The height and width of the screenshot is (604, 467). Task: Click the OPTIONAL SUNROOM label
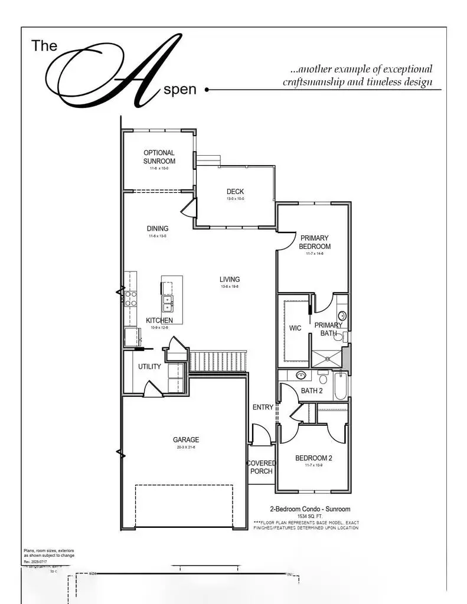pos(159,157)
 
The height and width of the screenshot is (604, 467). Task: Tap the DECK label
pos(235,192)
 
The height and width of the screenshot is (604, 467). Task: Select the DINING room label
pos(158,229)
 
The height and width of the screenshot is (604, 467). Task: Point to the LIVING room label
pos(230,280)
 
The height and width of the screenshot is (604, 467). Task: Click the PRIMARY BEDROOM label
pos(315,242)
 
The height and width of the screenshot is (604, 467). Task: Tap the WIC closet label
pos(295,329)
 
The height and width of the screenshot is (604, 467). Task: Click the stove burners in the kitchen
pos(130,298)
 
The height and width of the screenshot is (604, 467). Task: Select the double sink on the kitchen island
pos(168,304)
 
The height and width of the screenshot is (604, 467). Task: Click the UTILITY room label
pos(149,367)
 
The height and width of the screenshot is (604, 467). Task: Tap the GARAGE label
pos(186,439)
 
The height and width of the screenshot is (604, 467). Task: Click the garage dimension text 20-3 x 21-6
pos(186,448)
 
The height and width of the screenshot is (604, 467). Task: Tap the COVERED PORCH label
pos(260,467)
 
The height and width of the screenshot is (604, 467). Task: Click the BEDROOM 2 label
pos(314,458)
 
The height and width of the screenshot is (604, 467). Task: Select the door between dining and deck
pos(188,208)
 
